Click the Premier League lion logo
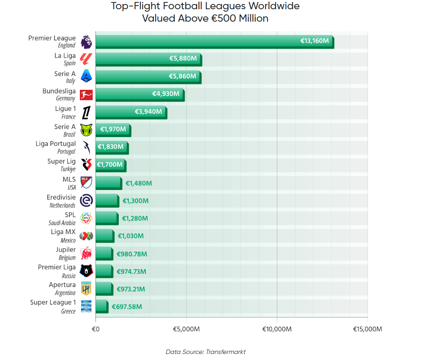[86, 42]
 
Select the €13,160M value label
[315, 41]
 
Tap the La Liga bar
[149, 60]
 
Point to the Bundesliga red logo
[86, 95]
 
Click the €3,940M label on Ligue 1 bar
[148, 111]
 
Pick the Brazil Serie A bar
[113, 130]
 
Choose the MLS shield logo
[86, 183]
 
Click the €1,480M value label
[138, 183]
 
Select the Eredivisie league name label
[61, 197]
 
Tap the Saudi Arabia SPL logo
[86, 218]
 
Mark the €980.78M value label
[132, 254]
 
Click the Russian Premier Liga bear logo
[86, 271]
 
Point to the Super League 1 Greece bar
[102, 306]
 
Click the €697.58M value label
[127, 307]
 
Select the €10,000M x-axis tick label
[277, 329]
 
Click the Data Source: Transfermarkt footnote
[205, 352]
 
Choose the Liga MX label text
[63, 232]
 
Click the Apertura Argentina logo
[86, 288]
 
